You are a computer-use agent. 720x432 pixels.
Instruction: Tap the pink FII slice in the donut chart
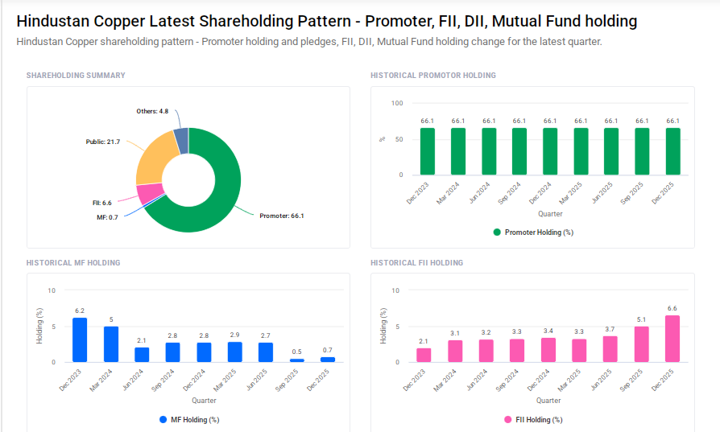pyautogui.click(x=148, y=193)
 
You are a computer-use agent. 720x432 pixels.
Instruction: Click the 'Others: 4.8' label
pyautogui.click(x=152, y=111)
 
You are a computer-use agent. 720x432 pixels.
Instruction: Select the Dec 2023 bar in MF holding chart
pyautogui.click(x=80, y=339)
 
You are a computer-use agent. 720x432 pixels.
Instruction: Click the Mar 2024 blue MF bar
pyautogui.click(x=111, y=344)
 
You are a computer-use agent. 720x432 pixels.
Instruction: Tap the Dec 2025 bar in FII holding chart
pyautogui.click(x=672, y=338)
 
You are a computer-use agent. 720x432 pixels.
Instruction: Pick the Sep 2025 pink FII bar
pyautogui.click(x=642, y=344)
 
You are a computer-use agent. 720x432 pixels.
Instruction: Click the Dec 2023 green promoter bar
pyautogui.click(x=428, y=151)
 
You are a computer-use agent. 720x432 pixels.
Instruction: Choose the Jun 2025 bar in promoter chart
pyautogui.click(x=611, y=151)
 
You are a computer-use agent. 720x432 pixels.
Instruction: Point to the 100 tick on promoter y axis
pyautogui.click(x=396, y=103)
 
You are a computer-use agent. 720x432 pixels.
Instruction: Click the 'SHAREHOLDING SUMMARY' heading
pyautogui.click(x=76, y=76)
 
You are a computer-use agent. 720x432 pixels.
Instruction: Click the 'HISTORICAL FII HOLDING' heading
pyautogui.click(x=416, y=263)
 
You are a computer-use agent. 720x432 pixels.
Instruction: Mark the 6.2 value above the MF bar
pyautogui.click(x=80, y=311)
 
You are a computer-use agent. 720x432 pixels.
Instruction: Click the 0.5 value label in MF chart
pyautogui.click(x=297, y=352)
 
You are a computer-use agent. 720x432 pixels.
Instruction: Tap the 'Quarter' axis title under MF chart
pyautogui.click(x=204, y=401)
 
